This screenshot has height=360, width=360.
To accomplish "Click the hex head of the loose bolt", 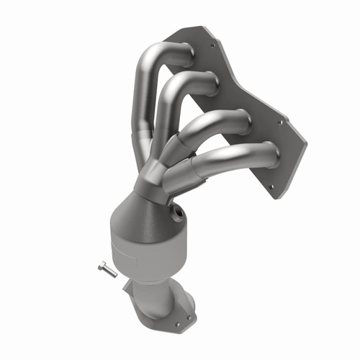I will point(101,266).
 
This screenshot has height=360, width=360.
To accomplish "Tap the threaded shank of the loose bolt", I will point(109,271).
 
